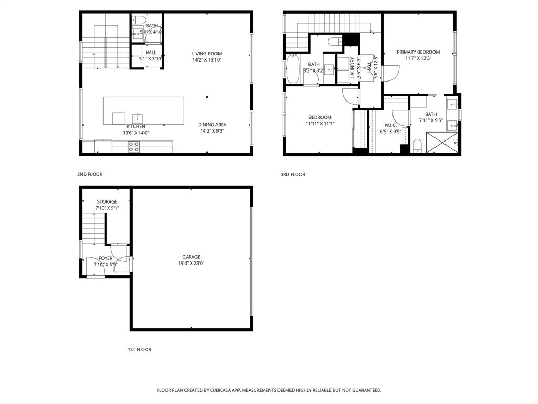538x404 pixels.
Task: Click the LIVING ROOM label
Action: [206, 53]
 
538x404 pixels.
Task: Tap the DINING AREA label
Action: [212, 125]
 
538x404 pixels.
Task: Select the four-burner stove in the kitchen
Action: [134, 147]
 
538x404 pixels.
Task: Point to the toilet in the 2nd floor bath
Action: [139, 21]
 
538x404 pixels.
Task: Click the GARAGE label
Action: [191, 257]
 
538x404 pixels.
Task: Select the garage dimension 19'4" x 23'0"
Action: [191, 263]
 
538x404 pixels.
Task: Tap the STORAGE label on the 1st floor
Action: [107, 201]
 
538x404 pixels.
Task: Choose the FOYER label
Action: [106, 258]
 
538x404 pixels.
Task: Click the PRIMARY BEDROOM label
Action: [418, 52]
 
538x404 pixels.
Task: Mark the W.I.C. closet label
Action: [390, 125]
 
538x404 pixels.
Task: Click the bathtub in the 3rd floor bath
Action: [293, 68]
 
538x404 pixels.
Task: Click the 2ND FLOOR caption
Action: [90, 174]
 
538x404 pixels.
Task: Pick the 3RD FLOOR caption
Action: [293, 174]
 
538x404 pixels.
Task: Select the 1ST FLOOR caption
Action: [139, 349]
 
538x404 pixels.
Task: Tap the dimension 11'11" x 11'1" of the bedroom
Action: [320, 124]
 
